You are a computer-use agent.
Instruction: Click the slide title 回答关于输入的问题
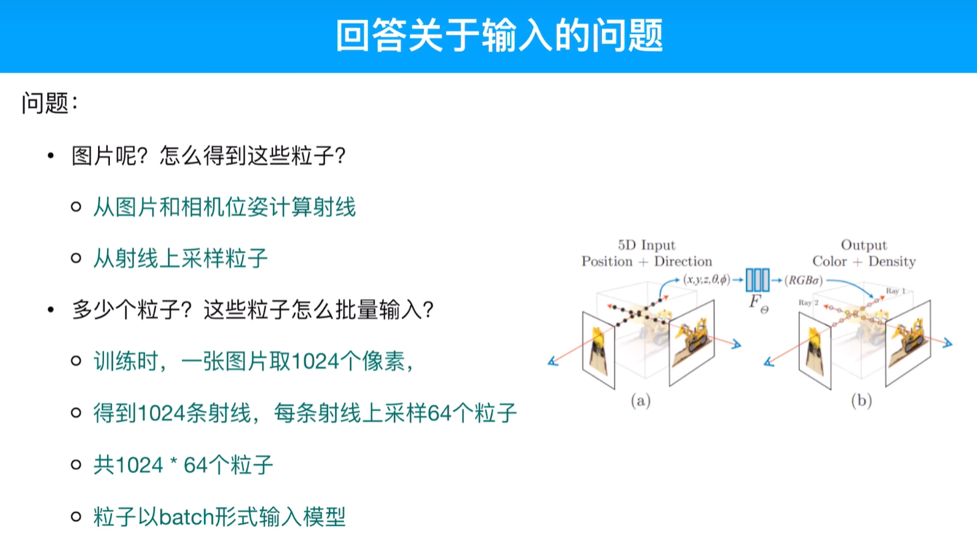click(499, 35)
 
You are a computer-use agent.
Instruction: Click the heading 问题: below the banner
click(49, 103)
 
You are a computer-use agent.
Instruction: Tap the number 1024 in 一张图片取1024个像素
click(315, 362)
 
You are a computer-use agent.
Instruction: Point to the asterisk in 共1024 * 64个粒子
click(173, 463)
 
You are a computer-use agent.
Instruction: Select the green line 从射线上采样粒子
click(180, 258)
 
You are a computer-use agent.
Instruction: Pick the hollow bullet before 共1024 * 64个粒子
click(76, 465)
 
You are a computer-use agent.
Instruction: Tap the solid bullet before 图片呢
click(51, 156)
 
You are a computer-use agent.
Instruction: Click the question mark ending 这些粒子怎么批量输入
click(428, 310)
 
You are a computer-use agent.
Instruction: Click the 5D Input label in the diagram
click(646, 245)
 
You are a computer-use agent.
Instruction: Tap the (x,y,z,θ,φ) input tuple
click(706, 280)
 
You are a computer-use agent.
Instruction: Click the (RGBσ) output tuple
click(804, 280)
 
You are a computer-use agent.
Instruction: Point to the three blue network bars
click(757, 280)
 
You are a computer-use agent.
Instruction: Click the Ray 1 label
click(895, 291)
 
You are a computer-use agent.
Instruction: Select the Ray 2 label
click(808, 303)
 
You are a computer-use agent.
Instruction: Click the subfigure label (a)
click(640, 400)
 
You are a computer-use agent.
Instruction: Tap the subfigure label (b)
click(861, 400)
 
